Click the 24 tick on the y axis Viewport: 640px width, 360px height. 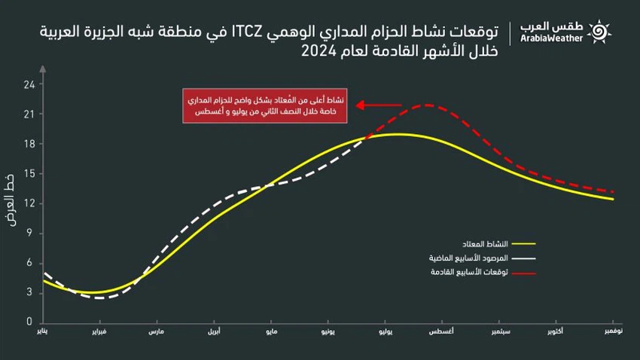[29, 84]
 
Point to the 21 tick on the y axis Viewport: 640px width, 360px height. [29, 114]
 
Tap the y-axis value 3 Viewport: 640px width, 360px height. [29, 291]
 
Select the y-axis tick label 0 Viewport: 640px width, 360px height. [29, 321]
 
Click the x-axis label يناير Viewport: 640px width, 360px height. [45, 331]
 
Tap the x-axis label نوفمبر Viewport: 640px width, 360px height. [614, 331]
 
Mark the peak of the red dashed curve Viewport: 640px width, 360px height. [427, 105]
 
